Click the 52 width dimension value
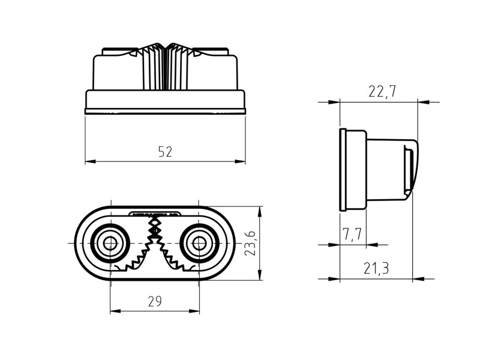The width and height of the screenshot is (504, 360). [x=165, y=152]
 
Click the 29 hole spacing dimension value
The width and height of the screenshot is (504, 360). [x=155, y=302]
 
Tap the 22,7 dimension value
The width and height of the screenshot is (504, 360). [x=382, y=91]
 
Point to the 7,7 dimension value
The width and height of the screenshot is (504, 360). [x=352, y=234]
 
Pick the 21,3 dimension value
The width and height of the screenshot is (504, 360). [x=376, y=269]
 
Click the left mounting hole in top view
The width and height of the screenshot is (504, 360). [x=110, y=243]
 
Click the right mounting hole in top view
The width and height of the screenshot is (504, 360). [x=199, y=243]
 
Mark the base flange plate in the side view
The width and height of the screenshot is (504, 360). [x=343, y=169]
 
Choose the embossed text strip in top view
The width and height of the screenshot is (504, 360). [x=155, y=213]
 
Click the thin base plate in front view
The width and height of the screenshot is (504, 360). [x=165, y=111]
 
